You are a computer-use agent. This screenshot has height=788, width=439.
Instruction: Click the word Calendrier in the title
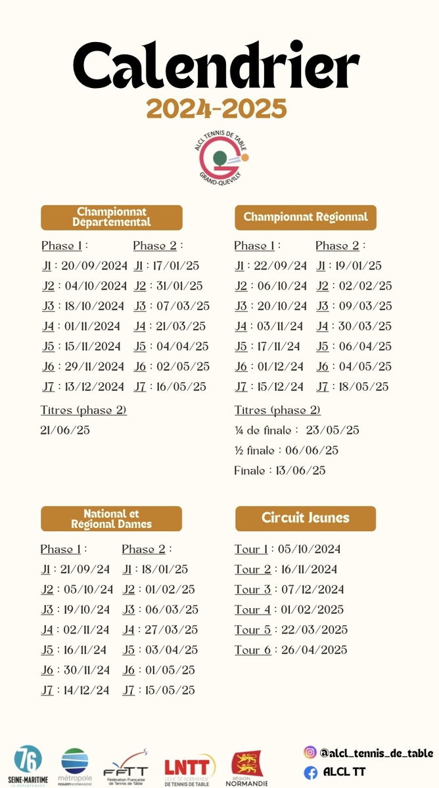coord(216,68)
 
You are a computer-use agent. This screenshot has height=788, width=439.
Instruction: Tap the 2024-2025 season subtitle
coord(216,108)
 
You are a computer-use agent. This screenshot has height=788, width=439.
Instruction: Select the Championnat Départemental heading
coord(112,217)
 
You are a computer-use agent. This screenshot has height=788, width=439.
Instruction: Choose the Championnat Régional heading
coord(306,217)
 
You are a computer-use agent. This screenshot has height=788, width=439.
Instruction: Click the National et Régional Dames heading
coord(112,519)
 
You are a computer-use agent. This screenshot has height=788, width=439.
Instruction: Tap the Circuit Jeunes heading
coord(306,518)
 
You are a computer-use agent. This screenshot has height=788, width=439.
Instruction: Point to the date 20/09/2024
coord(95,266)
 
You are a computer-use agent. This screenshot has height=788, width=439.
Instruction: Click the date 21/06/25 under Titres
coord(65,430)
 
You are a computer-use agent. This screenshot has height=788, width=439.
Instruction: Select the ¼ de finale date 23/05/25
coord(333,430)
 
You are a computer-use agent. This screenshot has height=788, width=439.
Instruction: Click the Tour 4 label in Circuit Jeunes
coord(252,609)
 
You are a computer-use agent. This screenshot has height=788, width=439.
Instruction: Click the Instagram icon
coord(310,753)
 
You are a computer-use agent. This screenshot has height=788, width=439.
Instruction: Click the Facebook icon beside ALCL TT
coord(310,772)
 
